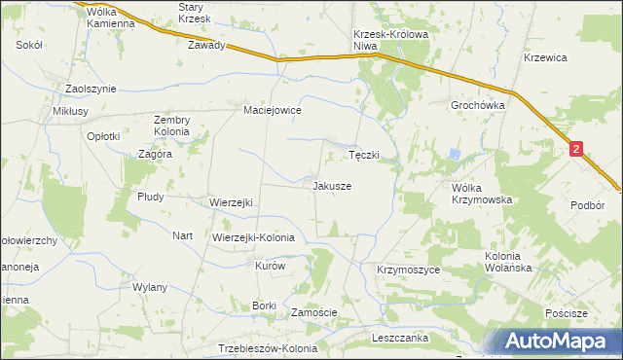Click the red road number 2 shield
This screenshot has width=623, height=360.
coord(577,149)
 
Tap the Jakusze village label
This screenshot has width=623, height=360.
coord(332,185)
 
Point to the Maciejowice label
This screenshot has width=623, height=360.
coord(273,111)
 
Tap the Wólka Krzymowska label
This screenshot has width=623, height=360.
coord(481,193)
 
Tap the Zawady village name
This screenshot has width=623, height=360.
coord(207,45)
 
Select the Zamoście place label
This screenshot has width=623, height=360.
coord(314,312)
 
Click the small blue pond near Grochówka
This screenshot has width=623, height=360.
coord(455,154)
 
